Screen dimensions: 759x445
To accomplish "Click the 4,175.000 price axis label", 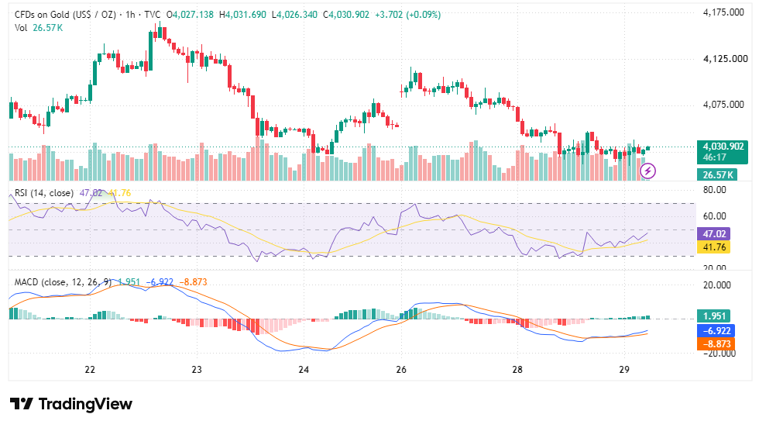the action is (723, 12).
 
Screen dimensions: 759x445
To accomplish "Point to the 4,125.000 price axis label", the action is (725, 59).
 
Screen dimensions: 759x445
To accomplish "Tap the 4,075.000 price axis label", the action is (723, 105).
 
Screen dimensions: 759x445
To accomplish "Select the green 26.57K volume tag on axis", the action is (717, 174).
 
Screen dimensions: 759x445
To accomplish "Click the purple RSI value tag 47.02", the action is (713, 233).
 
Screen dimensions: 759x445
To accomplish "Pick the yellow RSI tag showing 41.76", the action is (713, 247).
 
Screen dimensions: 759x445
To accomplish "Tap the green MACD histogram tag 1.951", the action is (713, 316).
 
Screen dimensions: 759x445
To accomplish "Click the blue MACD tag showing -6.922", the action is (716, 330).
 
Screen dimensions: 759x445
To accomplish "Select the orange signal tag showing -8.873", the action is (716, 344).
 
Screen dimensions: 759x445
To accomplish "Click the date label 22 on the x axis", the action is (90, 370).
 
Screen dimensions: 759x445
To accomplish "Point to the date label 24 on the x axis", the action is (304, 370).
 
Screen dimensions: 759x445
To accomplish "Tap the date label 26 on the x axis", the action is (401, 370).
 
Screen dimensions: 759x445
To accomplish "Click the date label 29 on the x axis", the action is (624, 370).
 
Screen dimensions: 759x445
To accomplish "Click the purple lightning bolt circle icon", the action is (647, 171).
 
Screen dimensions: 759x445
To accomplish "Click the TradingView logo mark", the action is (22, 404).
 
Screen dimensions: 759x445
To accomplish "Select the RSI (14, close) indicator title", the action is (44, 193).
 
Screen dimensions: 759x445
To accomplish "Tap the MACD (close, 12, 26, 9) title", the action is (63, 282).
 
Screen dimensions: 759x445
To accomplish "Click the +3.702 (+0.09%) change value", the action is (407, 15).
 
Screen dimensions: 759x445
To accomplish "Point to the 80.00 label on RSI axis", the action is (714, 190).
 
